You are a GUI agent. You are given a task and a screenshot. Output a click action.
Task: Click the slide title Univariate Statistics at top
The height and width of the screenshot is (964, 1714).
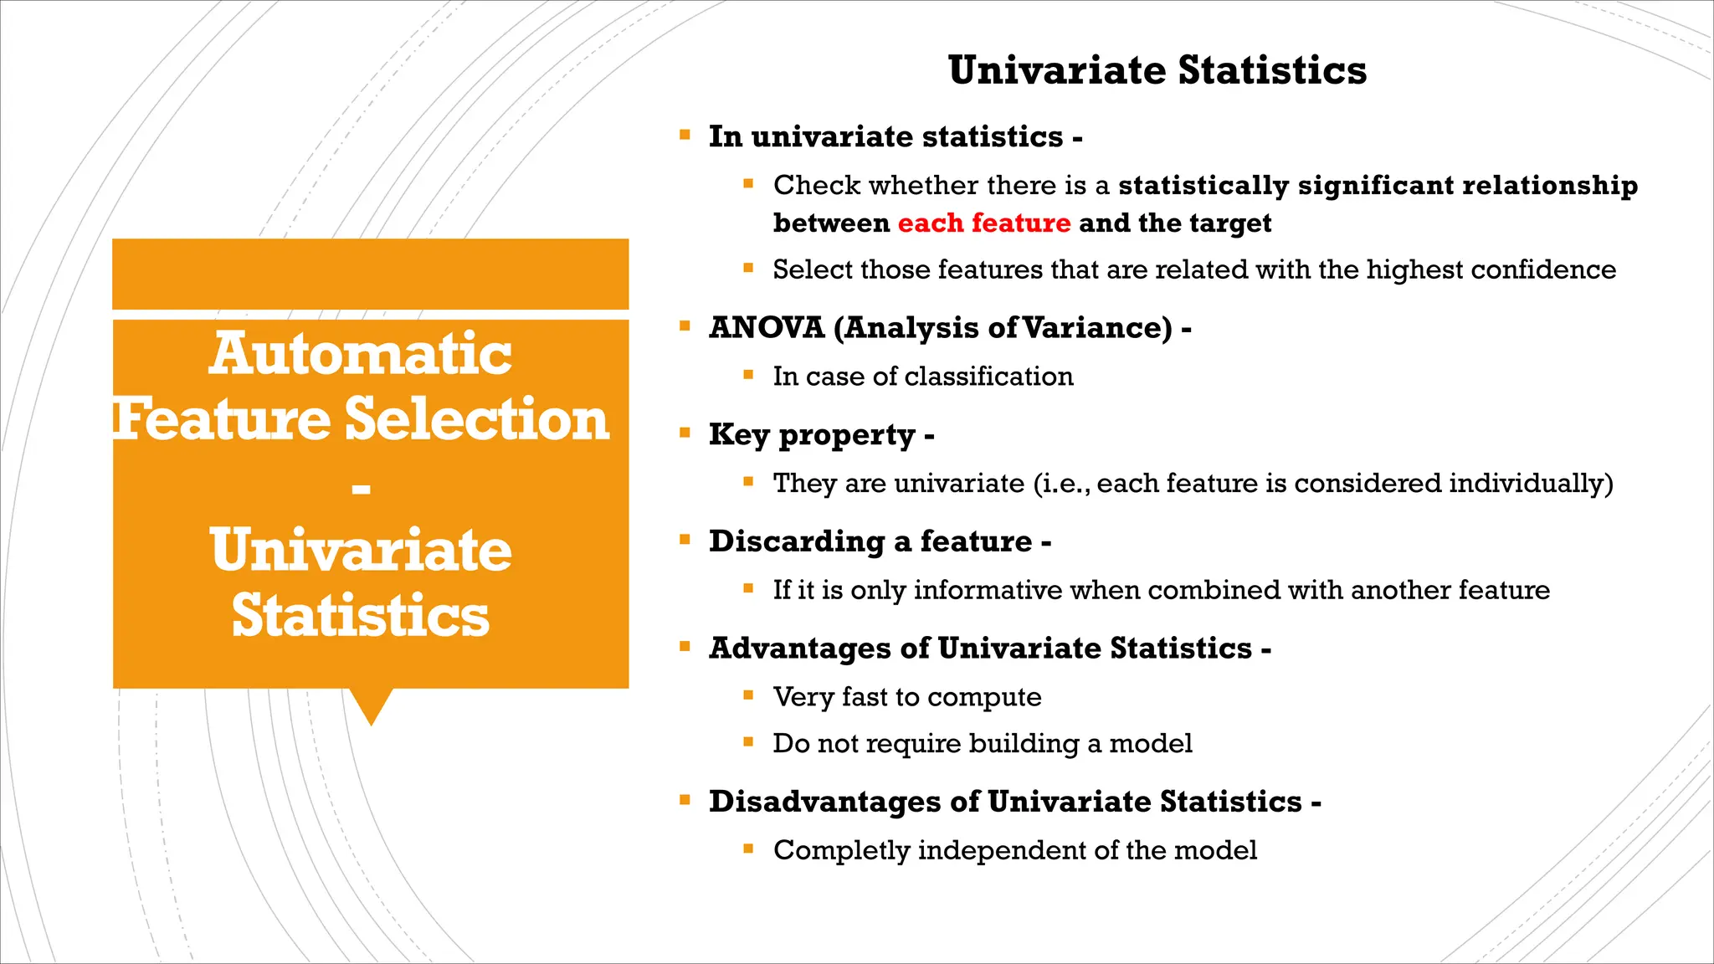[1157, 69]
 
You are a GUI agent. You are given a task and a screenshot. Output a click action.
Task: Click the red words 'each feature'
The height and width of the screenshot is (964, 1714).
[983, 223]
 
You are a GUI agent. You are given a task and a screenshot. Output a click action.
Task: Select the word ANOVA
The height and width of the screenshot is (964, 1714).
[767, 327]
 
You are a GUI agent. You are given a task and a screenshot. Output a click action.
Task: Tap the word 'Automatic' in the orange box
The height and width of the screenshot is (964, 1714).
[361, 353]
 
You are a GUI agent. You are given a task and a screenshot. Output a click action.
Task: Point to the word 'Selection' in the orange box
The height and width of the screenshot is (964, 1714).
[477, 419]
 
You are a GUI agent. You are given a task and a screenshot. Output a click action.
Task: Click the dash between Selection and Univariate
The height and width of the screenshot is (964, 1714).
[361, 488]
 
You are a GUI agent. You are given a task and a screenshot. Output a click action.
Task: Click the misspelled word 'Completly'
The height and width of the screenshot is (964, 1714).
[841, 850]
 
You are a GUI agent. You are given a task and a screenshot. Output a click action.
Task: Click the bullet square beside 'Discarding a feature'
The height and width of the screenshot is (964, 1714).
[685, 540]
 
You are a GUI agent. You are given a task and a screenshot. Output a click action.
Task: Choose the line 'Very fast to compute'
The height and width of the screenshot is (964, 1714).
[907, 697]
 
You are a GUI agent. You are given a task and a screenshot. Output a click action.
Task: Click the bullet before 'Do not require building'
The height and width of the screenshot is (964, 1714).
[748, 741]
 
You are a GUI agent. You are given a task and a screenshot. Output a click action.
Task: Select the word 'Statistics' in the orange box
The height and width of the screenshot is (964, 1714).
[361, 616]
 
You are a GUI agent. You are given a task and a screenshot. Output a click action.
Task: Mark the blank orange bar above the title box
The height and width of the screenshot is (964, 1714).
[370, 274]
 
